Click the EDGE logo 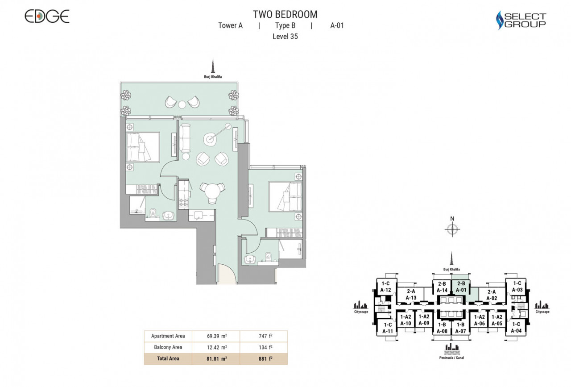coord(47,17)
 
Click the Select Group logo coord(521,20)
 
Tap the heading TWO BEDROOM coord(285,15)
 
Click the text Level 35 coord(285,37)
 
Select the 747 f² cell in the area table coord(264,336)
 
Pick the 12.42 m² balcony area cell coord(216,347)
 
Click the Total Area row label coord(168,359)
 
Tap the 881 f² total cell coord(264,359)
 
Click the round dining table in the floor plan coord(212,191)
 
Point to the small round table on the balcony coord(182,104)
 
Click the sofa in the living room coord(185,138)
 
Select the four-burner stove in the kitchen coord(183,202)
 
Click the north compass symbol coord(452,229)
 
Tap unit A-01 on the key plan coord(461,287)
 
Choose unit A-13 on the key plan coord(411,295)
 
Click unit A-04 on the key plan coord(516,328)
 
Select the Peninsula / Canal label coord(451,358)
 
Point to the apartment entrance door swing coord(227,274)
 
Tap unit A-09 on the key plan coord(424,320)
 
